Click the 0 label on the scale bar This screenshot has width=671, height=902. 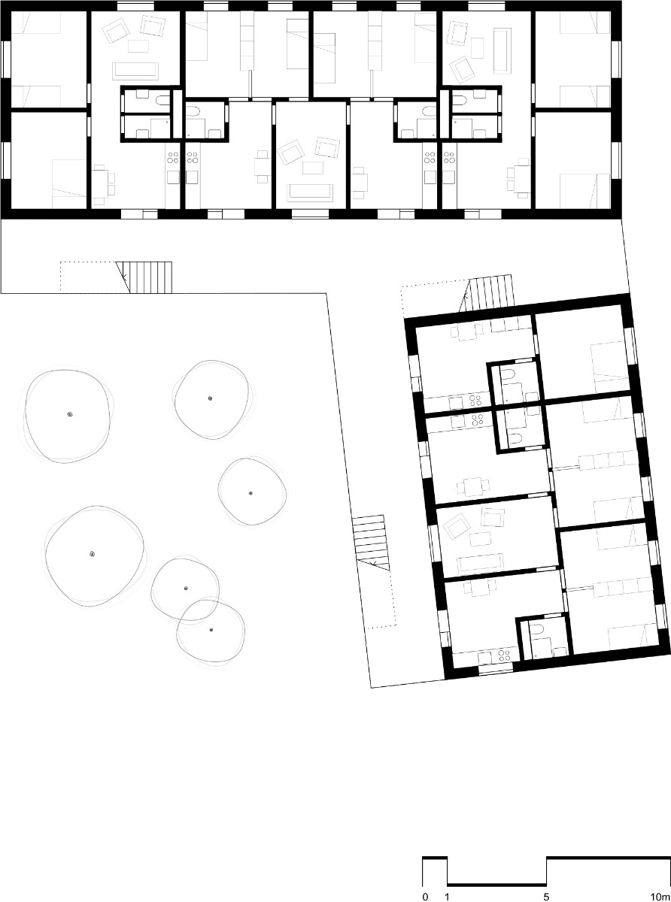pos(425,897)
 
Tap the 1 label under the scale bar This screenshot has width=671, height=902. pos(448,897)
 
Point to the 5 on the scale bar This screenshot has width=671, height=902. pos(546,897)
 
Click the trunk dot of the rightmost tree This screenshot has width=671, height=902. pos(250,493)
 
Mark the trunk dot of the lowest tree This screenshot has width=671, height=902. pos(211,629)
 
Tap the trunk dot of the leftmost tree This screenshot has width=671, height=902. pos(70,414)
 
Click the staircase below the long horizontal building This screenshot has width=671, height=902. pos(150,277)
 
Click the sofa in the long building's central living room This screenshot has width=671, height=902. pos(309,191)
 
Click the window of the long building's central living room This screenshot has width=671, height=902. pos(305,214)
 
